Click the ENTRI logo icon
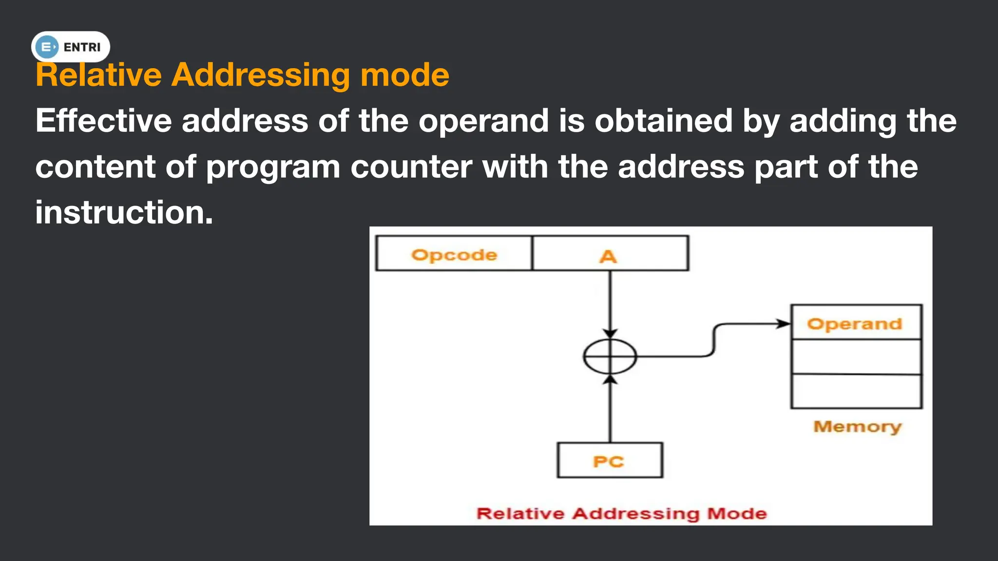click(47, 47)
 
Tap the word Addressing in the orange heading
click(260, 75)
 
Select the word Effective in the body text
click(103, 121)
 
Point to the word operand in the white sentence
click(483, 121)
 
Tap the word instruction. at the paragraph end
click(124, 213)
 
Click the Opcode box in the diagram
click(454, 254)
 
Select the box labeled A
click(610, 254)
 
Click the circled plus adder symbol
click(610, 356)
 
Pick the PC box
click(610, 460)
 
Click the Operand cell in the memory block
click(856, 323)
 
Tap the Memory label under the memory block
click(857, 427)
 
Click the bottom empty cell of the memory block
click(856, 391)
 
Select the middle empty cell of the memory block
click(856, 357)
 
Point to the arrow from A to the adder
click(610, 302)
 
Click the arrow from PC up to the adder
click(610, 409)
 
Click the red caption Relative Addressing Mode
click(621, 513)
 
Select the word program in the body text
click(272, 167)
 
